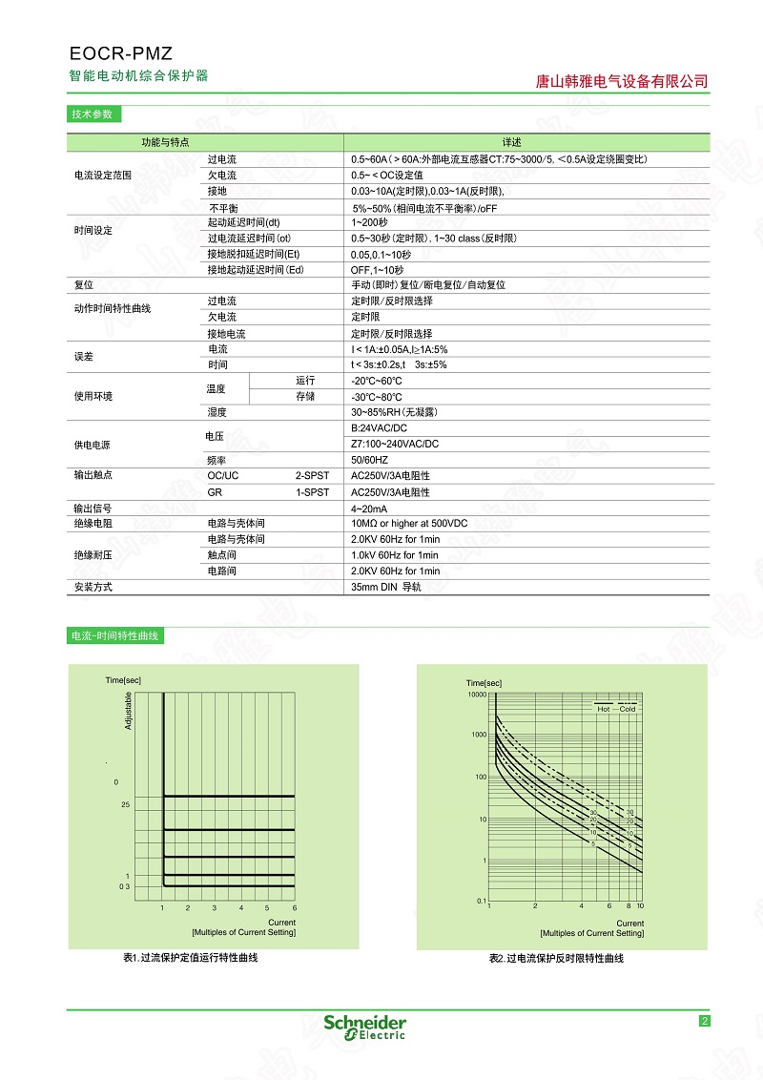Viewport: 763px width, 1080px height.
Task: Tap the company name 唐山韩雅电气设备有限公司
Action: pyautogui.click(x=623, y=82)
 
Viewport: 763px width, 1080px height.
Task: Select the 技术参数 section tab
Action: pyautogui.click(x=92, y=114)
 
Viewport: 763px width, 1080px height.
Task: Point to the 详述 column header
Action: pyautogui.click(x=511, y=142)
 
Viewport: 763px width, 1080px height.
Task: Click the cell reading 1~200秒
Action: pyautogui.click(x=370, y=221)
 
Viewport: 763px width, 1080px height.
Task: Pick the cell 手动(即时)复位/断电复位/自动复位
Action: pyautogui.click(x=428, y=285)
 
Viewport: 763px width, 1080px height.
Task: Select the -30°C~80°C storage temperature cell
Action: pyautogui.click(x=377, y=397)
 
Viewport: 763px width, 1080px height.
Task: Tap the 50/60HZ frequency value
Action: pyautogui.click(x=370, y=460)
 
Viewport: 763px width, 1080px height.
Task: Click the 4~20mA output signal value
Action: pyautogui.click(x=369, y=509)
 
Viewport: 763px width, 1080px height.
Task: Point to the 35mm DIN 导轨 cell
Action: pyautogui.click(x=386, y=587)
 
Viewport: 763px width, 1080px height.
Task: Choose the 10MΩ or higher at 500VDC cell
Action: pyautogui.click(x=409, y=524)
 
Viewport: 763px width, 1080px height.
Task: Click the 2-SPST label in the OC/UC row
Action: pyautogui.click(x=312, y=475)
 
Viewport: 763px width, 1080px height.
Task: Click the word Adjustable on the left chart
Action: pyautogui.click(x=129, y=712)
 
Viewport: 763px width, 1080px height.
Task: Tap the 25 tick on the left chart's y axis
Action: pyautogui.click(x=125, y=805)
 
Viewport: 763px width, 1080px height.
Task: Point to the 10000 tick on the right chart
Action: pyautogui.click(x=476, y=695)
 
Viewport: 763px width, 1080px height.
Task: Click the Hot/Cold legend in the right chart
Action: pyautogui.click(x=616, y=707)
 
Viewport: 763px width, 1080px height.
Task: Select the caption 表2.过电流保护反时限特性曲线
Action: pyautogui.click(x=556, y=958)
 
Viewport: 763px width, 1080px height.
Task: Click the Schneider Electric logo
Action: pyautogui.click(x=364, y=1026)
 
